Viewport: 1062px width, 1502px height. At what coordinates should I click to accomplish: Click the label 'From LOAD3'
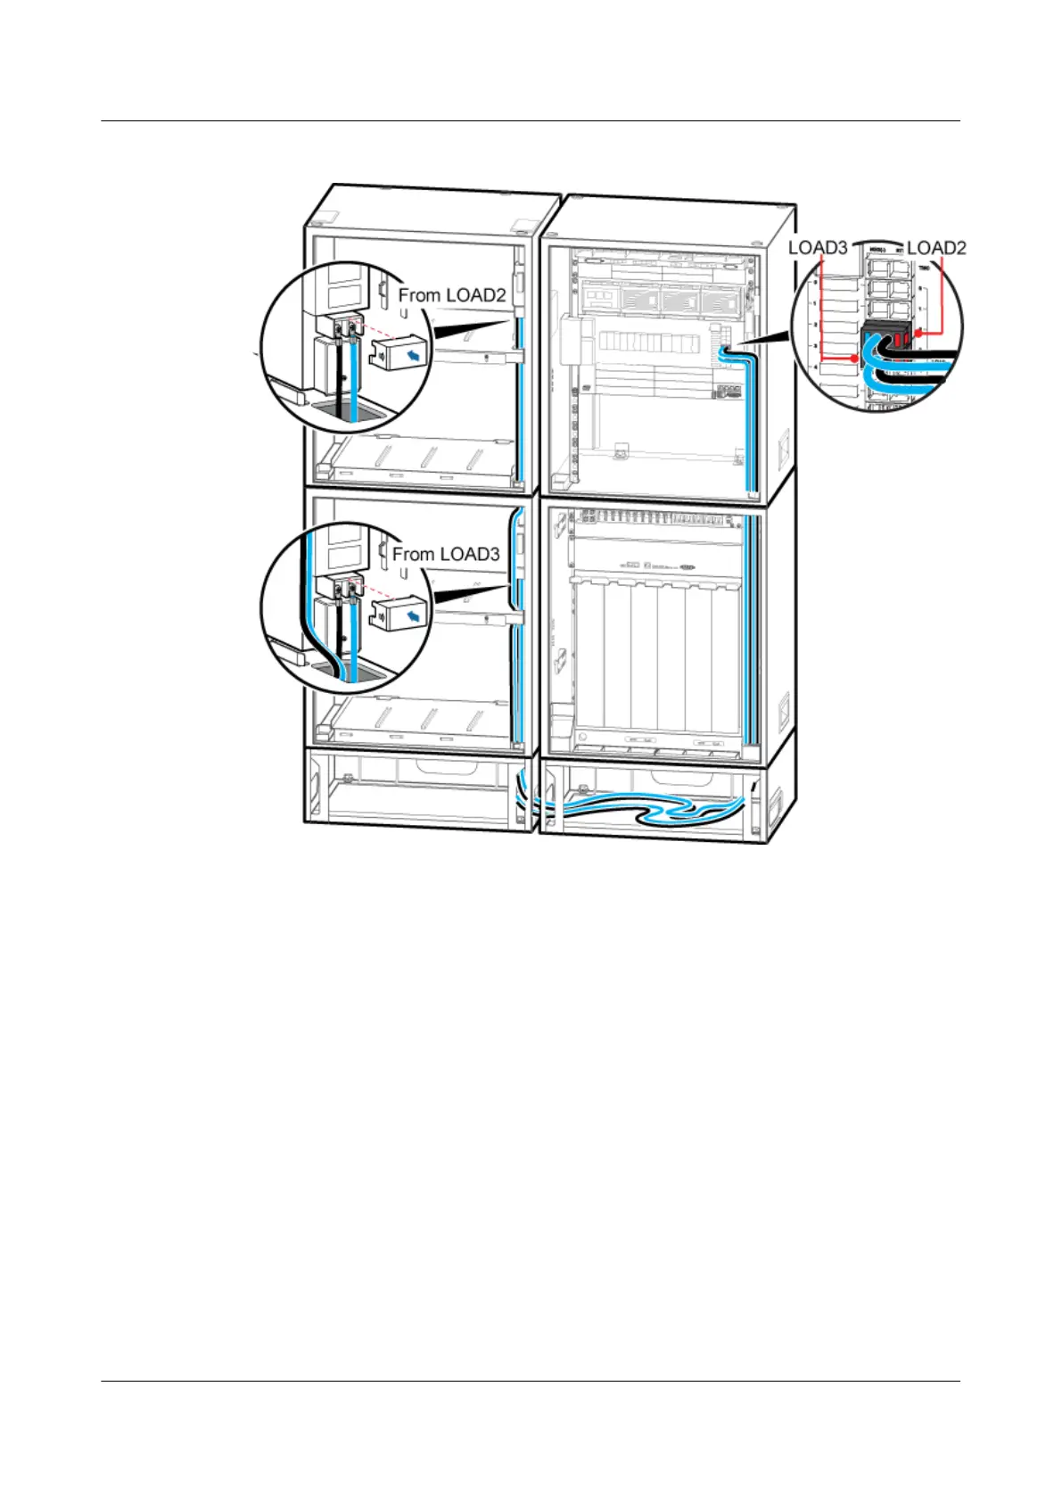(446, 554)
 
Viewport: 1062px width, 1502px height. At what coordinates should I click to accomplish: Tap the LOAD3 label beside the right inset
(817, 248)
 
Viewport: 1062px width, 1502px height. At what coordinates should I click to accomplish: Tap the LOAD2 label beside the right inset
(935, 248)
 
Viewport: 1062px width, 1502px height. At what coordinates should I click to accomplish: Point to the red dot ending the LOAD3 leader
(856, 359)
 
